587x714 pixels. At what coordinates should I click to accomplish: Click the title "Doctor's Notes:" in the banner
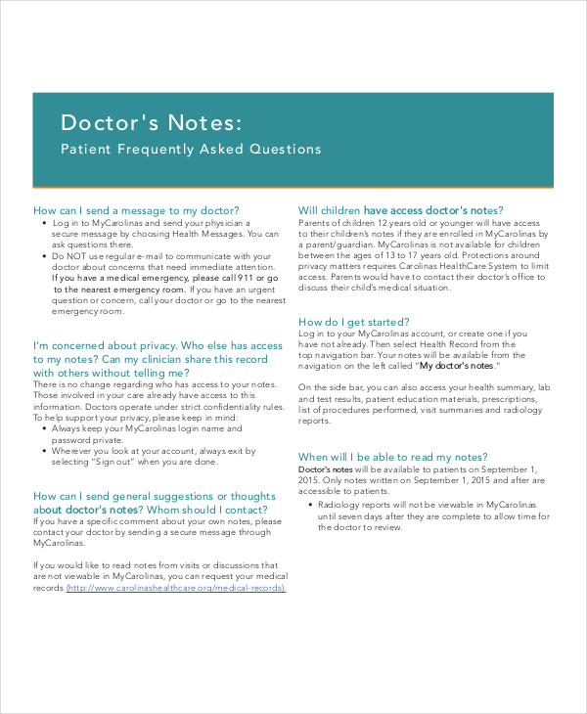[148, 123]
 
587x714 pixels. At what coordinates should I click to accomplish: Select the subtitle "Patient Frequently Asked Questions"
[191, 150]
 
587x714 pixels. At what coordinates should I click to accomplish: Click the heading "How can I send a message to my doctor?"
[136, 210]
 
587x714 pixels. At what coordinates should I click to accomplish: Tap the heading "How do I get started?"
[353, 322]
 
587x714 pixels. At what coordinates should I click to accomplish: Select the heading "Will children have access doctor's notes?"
[400, 210]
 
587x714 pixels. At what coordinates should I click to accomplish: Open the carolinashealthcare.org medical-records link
[177, 588]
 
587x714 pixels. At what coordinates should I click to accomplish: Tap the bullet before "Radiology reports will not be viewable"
[309, 505]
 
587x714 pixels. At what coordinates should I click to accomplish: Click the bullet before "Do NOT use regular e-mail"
[43, 255]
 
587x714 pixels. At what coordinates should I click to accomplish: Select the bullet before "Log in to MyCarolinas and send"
[43, 223]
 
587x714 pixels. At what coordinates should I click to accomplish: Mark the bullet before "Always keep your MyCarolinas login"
[43, 427]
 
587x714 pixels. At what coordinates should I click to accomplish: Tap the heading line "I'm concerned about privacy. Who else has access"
[158, 345]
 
